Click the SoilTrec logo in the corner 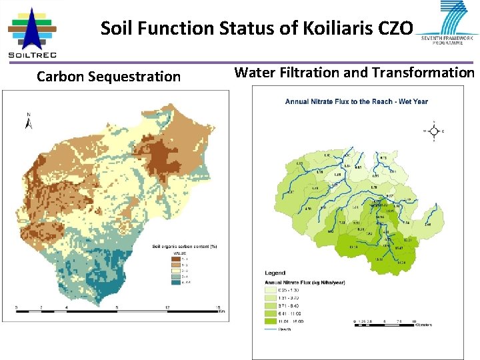32,32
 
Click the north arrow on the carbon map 29,121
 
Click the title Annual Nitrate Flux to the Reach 357,102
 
